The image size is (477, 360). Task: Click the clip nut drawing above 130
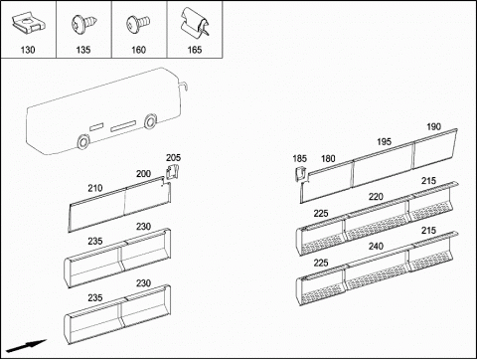click(28, 24)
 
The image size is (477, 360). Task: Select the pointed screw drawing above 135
click(84, 24)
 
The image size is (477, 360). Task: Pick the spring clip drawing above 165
click(195, 23)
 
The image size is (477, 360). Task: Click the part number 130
click(28, 50)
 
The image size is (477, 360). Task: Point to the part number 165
click(195, 50)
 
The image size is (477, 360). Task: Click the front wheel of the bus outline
click(151, 121)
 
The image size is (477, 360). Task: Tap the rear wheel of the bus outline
click(82, 142)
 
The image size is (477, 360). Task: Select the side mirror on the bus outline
click(185, 86)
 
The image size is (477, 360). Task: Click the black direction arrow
click(26, 346)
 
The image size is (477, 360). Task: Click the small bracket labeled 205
click(172, 171)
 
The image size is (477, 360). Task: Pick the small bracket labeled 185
click(301, 174)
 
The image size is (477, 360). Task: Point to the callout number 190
click(433, 126)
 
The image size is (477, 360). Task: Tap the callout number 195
click(384, 142)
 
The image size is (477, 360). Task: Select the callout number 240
click(376, 247)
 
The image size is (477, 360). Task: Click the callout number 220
click(376, 197)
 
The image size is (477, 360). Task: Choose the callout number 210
click(95, 188)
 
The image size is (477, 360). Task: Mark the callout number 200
click(143, 174)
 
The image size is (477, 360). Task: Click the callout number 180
click(328, 159)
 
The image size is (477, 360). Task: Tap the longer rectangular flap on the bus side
click(123, 126)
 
